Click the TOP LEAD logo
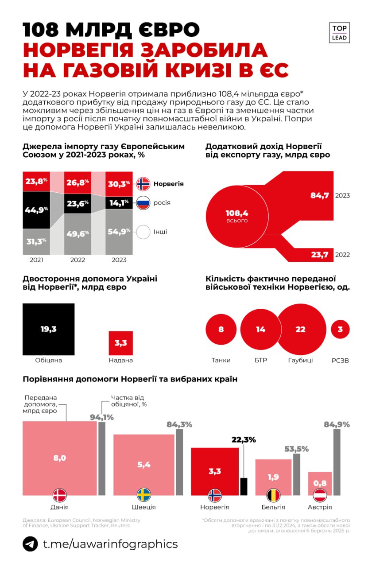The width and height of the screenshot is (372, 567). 340,33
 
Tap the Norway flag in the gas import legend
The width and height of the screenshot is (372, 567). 143,183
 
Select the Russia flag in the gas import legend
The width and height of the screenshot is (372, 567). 143,203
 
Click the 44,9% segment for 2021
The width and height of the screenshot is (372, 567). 36,210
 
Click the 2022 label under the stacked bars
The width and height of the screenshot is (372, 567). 77,260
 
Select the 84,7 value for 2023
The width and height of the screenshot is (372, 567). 319,195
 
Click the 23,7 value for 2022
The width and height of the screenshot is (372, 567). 319,254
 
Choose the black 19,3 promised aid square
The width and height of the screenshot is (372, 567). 49,329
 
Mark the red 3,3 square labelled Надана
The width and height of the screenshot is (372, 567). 121,343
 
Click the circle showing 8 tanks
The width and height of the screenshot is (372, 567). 221,329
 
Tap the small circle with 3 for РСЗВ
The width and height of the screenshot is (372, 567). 340,329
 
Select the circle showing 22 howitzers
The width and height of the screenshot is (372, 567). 300,329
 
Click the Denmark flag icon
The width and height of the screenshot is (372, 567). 59,495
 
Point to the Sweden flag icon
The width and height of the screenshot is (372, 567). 143,495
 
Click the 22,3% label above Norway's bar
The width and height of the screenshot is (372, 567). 243,440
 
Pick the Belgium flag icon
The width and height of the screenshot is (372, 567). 273,495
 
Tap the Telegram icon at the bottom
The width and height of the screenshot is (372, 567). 30,544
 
